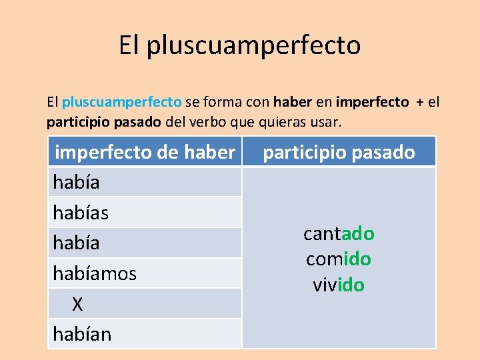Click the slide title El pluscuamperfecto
240,45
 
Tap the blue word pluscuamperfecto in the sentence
121,102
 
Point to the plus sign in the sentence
419,102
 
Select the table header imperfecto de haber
145,153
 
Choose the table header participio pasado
339,153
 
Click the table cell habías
81,213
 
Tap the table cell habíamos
95,273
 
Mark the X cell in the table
77,304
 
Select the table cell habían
82,334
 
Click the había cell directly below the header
76,183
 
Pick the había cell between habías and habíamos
76,243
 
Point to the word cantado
339,234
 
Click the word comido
339,259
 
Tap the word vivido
339,285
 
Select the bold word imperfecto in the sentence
373,102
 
